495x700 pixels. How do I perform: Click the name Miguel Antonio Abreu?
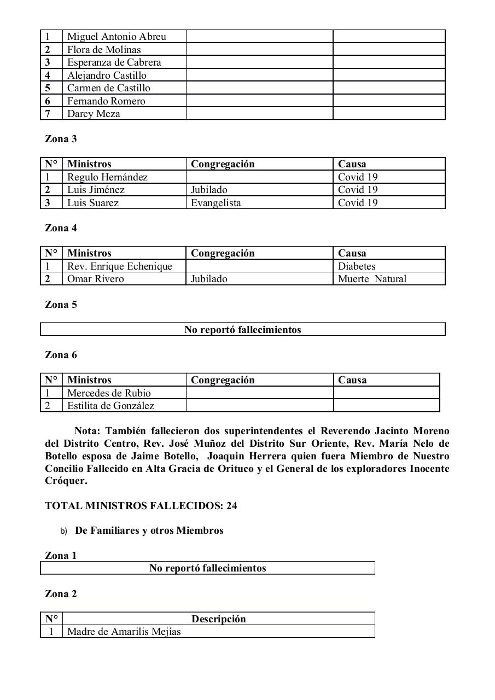(x=117, y=37)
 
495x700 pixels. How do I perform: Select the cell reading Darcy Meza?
(x=94, y=114)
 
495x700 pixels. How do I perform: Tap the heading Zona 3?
(x=61, y=139)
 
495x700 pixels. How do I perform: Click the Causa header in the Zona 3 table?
(x=352, y=164)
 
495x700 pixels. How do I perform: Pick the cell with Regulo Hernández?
(x=107, y=177)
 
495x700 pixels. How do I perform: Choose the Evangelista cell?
(x=216, y=203)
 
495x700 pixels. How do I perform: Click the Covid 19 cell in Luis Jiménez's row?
(x=358, y=190)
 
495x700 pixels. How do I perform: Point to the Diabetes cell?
(x=357, y=266)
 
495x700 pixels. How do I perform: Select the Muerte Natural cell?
(x=372, y=279)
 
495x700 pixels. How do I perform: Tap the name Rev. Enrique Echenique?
(x=119, y=266)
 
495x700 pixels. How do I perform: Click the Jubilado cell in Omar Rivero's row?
(x=209, y=279)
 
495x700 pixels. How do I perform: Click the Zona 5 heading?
(x=61, y=305)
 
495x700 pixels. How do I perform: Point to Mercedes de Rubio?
(x=109, y=393)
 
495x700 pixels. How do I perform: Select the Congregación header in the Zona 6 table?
(x=223, y=380)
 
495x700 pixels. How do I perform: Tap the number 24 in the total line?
(x=231, y=506)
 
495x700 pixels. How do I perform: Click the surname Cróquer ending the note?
(x=66, y=481)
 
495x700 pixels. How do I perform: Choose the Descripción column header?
(x=218, y=619)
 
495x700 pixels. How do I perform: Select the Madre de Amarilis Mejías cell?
(x=124, y=632)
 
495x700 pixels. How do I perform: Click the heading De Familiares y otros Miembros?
(x=149, y=530)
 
